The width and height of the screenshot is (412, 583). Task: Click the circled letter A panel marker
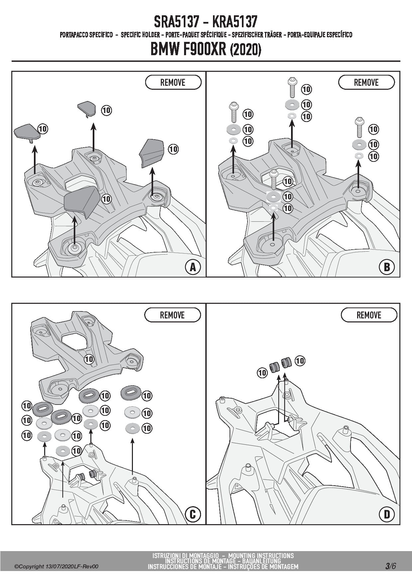193,267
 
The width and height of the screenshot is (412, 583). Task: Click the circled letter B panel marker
387,267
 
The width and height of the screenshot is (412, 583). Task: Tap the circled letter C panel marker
193,515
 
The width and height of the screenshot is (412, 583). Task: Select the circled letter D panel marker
387,515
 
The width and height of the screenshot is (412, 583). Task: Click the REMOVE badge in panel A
173,82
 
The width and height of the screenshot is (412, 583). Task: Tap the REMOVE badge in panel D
369,315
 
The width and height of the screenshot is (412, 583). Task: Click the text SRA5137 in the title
176,22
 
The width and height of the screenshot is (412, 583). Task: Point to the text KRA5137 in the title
234,22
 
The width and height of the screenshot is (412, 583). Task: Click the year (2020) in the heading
246,50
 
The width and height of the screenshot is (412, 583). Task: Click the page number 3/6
390,566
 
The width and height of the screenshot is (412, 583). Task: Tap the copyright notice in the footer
56,567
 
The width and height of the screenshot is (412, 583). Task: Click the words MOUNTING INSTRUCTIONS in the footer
261,555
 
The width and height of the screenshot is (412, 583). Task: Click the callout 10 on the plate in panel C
89,359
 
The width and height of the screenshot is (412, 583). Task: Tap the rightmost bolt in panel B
359,127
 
